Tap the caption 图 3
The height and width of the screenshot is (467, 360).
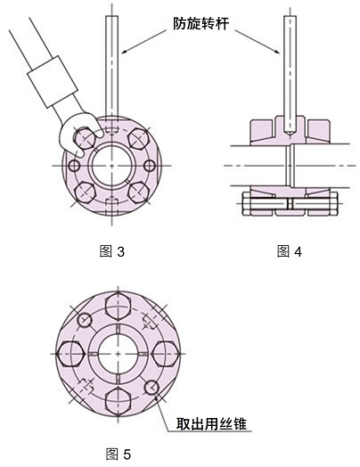[112, 252]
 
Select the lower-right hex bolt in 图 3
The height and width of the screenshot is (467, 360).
[138, 192]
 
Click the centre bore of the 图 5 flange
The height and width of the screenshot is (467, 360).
[118, 353]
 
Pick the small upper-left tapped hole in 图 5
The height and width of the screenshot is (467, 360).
[85, 320]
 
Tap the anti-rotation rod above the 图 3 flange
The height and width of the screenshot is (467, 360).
[110, 71]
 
